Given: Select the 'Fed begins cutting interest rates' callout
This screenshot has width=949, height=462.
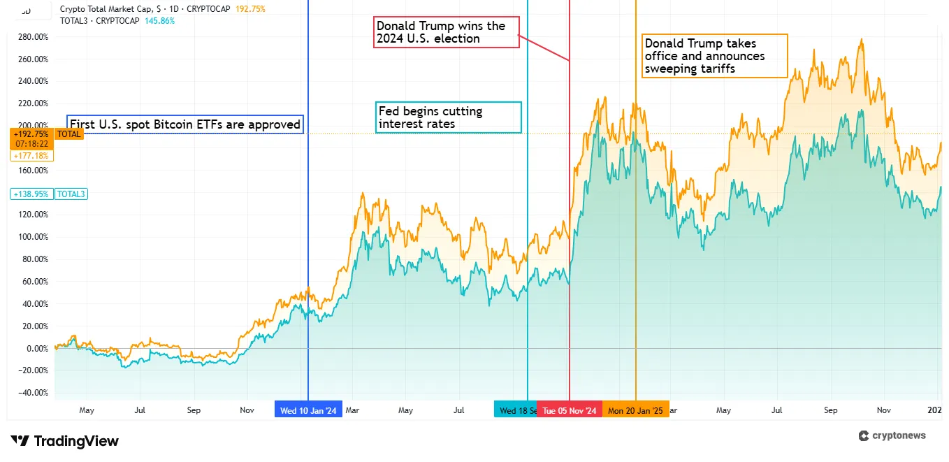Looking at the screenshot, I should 448,117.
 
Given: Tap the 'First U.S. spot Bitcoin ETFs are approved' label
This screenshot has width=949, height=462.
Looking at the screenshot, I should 185,124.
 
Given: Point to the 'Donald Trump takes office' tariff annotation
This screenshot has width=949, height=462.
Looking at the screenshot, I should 714,56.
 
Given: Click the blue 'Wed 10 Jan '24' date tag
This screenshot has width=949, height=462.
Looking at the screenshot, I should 308,410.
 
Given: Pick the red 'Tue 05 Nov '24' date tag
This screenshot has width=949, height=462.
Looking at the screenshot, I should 570,410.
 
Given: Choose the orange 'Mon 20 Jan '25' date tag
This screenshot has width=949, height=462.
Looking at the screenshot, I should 635,410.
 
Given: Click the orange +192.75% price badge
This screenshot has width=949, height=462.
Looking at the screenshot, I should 31,133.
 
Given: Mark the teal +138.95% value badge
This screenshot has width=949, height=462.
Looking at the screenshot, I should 31,194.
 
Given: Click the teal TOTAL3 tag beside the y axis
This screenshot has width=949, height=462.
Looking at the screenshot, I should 71,194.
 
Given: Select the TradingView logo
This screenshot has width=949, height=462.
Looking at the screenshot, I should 67,441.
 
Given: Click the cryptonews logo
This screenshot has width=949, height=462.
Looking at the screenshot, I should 892,435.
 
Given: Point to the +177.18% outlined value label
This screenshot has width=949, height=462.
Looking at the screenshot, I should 31,155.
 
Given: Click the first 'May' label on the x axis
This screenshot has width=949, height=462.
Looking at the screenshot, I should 86,410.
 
